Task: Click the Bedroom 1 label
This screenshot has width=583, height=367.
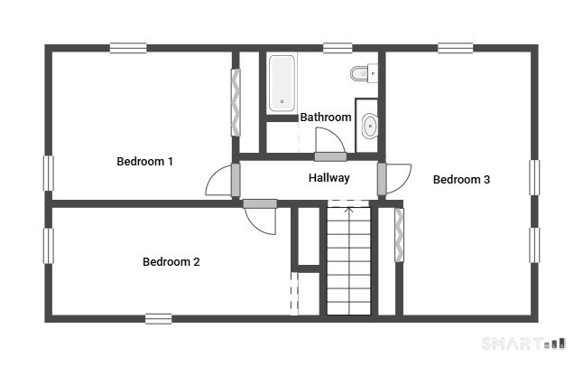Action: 144,161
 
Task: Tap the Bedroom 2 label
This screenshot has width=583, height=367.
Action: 171,261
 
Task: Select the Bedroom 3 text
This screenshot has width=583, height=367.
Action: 461,180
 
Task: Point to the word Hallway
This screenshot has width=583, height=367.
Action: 329,178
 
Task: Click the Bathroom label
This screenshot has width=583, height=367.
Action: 326,117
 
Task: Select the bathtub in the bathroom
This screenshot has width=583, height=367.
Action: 282,83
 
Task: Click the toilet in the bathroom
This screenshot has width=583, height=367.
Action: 364,73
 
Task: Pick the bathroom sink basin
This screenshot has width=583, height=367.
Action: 370,126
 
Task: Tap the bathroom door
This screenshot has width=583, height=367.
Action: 330,145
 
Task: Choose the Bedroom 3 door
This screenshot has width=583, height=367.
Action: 394,179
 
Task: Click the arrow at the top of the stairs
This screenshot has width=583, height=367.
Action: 348,211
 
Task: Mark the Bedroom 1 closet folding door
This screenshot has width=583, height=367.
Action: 236,102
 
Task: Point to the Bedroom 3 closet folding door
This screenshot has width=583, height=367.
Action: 399,235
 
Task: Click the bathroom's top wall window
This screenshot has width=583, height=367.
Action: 338,48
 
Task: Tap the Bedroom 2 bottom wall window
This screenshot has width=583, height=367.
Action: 159,319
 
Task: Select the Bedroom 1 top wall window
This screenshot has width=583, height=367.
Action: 128,48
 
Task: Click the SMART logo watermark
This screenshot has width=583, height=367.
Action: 523,343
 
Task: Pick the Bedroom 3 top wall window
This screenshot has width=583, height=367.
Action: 456,48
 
